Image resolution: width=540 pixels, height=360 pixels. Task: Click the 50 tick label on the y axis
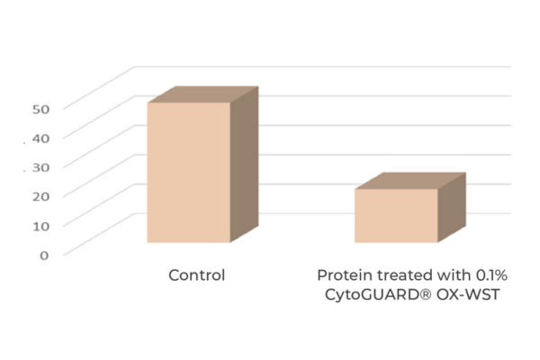point(41,109)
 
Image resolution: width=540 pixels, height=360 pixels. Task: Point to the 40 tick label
point(41,139)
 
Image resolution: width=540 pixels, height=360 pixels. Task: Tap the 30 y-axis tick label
point(41,167)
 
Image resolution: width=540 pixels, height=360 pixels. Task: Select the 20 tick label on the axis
point(41,196)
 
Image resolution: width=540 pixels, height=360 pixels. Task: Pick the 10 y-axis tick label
point(41,226)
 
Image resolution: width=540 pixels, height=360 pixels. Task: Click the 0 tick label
point(44,256)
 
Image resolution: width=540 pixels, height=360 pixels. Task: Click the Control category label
point(196,275)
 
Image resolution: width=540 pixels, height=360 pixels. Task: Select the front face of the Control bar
point(189,172)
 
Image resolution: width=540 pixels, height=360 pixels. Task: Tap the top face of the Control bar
point(203,94)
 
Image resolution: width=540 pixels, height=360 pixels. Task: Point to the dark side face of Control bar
point(244,165)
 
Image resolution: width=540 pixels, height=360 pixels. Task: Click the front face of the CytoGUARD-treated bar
point(396,216)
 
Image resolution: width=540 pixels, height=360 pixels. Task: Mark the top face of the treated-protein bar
point(410,181)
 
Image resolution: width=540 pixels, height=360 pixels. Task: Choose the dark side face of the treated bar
point(452,207)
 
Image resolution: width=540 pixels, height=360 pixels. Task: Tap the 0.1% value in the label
point(491,275)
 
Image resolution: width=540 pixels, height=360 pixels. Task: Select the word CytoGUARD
point(373,295)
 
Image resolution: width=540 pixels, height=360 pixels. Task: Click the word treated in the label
point(405,275)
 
